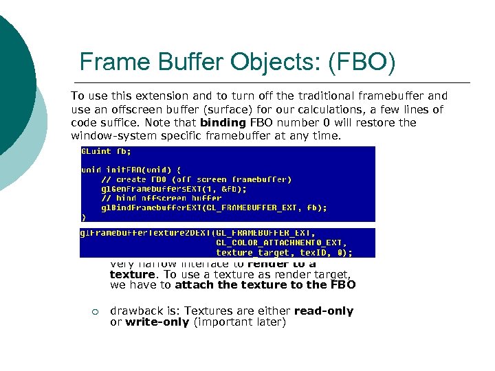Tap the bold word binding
click(x=222, y=122)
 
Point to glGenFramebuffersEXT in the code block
click(x=148, y=188)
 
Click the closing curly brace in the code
click(x=83, y=216)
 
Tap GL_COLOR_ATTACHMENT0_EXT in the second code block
click(x=281, y=243)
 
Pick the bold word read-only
click(x=323, y=311)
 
